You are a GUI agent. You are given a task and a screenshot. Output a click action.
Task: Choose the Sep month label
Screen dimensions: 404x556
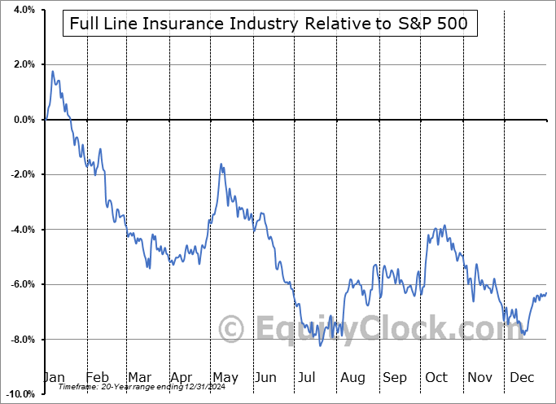click(396, 378)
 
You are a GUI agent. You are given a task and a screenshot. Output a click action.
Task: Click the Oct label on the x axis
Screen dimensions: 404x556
click(438, 378)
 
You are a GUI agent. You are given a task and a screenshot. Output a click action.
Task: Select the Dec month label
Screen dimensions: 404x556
click(522, 378)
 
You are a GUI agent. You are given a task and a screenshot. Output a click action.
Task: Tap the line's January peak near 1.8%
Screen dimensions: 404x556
click(53, 72)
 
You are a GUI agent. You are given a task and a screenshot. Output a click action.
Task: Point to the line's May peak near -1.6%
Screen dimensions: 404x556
click(221, 165)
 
